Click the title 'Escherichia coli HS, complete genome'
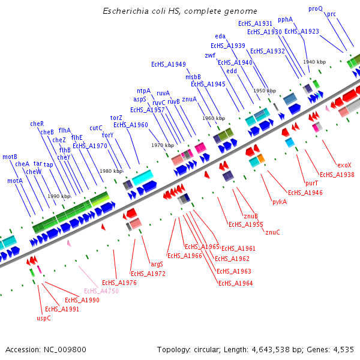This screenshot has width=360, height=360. click(180, 11)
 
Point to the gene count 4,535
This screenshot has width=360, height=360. click(343, 349)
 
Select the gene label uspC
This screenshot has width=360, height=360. click(44, 318)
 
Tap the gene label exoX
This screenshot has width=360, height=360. click(344, 165)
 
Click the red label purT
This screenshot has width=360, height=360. click(312, 183)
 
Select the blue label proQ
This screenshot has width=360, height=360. click(315, 9)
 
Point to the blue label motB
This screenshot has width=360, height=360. click(10, 157)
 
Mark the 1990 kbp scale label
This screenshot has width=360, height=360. click(59, 196)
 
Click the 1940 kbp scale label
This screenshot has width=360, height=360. click(314, 62)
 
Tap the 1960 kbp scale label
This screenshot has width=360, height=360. click(214, 118)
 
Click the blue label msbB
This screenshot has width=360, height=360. click(193, 77)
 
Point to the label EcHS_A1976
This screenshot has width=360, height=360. click(119, 283)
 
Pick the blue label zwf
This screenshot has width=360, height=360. click(209, 55)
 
